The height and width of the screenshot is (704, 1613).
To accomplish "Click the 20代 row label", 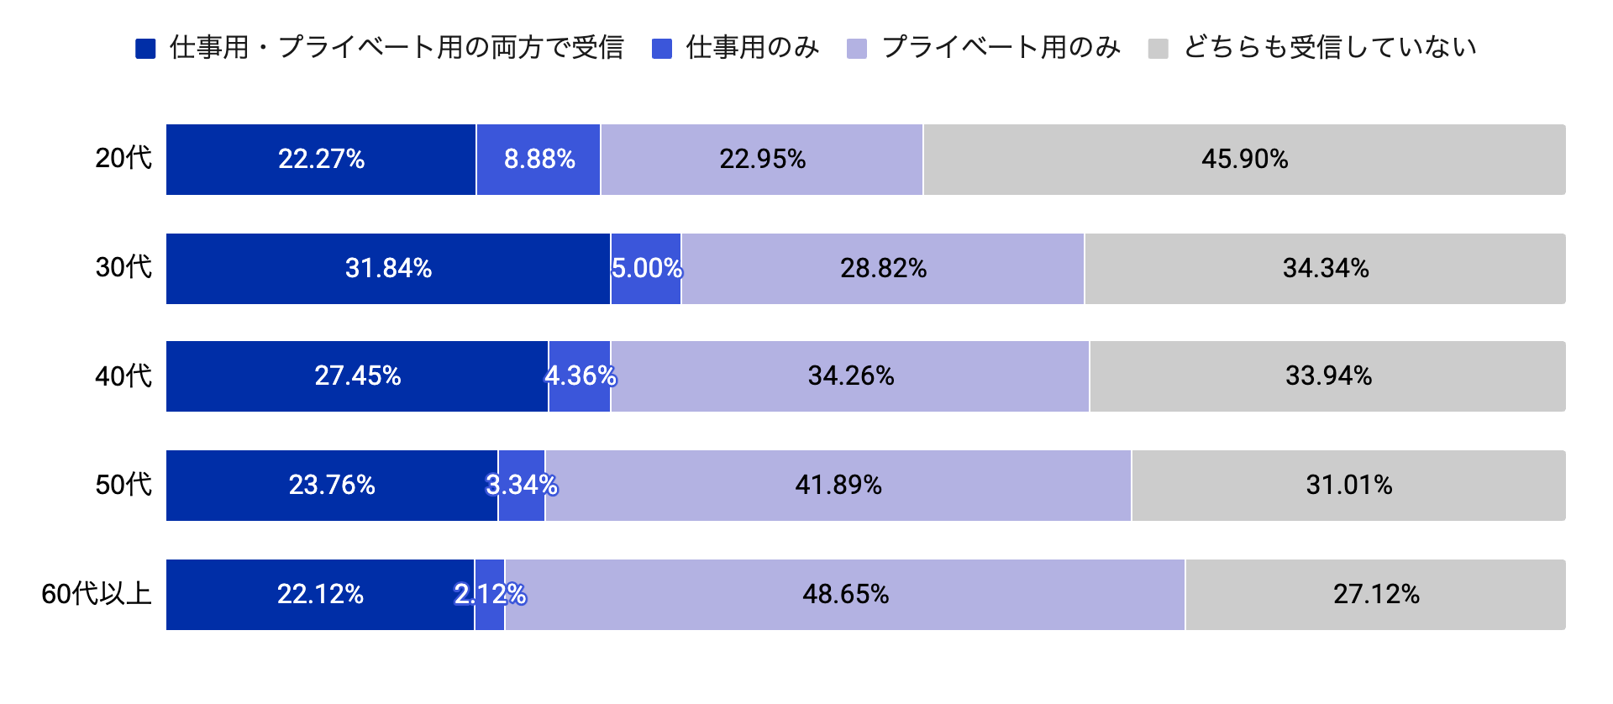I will tap(123, 158).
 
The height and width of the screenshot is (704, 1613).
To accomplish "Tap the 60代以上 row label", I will tap(96, 594).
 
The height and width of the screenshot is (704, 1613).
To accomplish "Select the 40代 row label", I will tap(123, 376).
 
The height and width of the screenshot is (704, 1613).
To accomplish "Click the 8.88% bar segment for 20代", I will tap(539, 160).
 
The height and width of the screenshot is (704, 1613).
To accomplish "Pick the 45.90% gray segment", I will tap(1244, 160).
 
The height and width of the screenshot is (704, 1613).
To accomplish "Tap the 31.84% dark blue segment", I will tap(388, 269).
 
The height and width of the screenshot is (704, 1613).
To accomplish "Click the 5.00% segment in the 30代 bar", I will tap(646, 269).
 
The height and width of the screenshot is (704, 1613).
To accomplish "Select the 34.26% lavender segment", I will tap(850, 376).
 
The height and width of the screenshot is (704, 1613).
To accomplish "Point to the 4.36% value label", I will tap(581, 376).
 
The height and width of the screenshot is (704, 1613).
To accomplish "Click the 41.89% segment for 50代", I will tap(838, 486).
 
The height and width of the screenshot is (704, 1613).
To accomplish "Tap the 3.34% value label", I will tap(522, 485).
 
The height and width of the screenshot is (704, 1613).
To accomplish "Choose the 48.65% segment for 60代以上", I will tap(845, 595).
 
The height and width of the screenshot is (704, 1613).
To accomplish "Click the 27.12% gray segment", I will tap(1376, 595).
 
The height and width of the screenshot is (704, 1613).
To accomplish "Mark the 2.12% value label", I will tap(490, 594).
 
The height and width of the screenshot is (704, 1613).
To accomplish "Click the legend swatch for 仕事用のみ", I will tap(662, 49).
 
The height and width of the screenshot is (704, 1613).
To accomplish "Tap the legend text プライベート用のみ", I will tap(1001, 48).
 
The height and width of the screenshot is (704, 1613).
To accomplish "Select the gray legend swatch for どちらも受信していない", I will tap(1159, 49).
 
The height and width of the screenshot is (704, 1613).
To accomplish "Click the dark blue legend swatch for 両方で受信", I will tap(145, 49).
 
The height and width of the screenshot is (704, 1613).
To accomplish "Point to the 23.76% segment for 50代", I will tap(332, 486).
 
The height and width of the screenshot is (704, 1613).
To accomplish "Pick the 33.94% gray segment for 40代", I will tap(1328, 376).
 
